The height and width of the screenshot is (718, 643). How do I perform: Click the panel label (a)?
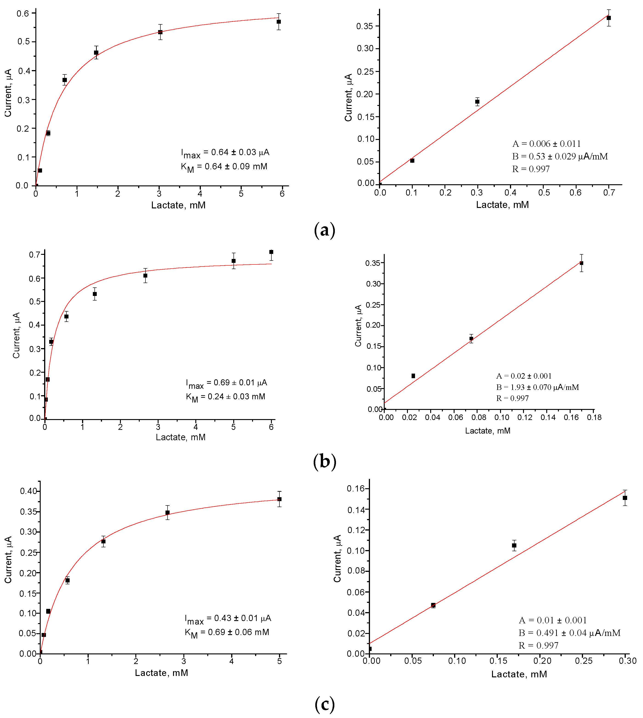[x=324, y=230]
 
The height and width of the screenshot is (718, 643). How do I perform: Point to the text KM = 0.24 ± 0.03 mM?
[x=225, y=397]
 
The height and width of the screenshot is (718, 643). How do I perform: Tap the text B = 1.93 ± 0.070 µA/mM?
[x=537, y=387]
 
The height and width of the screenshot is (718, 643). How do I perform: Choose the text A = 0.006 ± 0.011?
[x=546, y=144]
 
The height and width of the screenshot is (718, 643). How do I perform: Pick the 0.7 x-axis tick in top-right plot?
[x=609, y=193]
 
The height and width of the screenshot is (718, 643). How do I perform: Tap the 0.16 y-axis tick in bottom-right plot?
[x=358, y=488]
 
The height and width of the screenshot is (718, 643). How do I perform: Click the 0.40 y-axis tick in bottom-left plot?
[x=28, y=491]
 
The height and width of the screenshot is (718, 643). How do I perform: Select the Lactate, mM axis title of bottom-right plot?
[x=519, y=674]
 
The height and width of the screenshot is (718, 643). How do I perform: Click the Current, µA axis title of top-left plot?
[x=8, y=93]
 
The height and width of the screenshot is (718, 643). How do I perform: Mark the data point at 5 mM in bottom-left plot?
[x=279, y=499]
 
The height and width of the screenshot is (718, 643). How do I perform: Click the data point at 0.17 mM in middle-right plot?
[x=581, y=263]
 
